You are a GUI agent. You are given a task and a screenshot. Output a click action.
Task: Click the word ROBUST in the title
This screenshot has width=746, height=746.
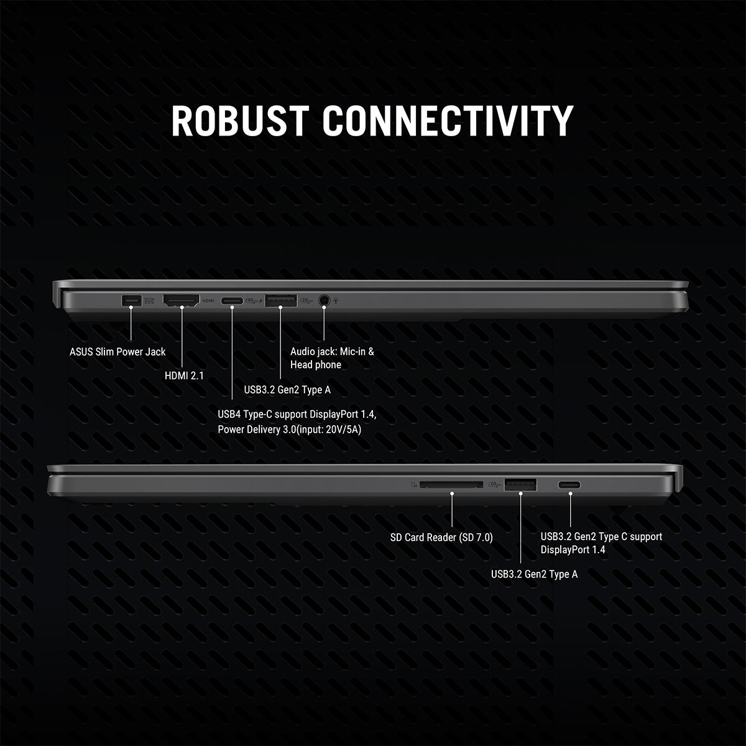click(x=240, y=121)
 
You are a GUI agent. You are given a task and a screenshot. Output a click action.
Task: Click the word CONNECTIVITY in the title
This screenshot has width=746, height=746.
click(x=448, y=121)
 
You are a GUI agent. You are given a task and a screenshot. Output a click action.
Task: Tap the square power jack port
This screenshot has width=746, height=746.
click(x=131, y=300)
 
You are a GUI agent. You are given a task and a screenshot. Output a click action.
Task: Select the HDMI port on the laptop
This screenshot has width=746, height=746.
click(x=181, y=300)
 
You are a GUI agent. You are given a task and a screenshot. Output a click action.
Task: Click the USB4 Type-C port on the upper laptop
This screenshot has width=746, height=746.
click(x=232, y=301)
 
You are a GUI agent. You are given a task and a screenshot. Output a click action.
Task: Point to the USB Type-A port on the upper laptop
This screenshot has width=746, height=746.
click(x=280, y=300)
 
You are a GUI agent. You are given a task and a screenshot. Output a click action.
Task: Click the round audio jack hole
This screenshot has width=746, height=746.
click(x=324, y=300)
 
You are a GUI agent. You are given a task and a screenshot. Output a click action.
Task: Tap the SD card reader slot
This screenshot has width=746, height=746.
click(x=451, y=484)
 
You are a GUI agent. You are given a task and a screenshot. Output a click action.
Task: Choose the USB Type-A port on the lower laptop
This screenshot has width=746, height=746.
click(x=520, y=484)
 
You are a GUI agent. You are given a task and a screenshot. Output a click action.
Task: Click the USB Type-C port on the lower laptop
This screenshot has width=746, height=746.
click(x=569, y=485)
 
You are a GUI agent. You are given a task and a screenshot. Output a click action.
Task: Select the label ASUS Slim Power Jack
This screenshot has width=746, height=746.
click(x=117, y=352)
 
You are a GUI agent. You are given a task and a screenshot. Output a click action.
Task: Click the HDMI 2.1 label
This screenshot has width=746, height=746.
click(x=184, y=375)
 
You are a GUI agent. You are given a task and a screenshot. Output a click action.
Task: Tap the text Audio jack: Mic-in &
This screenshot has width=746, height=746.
click(x=332, y=351)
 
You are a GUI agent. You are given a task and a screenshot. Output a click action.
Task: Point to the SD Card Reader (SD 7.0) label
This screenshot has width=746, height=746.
click(x=441, y=537)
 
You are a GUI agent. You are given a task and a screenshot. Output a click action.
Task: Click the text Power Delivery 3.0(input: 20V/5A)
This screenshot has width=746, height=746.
click(x=289, y=430)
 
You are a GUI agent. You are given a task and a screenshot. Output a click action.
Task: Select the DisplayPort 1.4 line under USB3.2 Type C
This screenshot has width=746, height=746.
click(x=573, y=550)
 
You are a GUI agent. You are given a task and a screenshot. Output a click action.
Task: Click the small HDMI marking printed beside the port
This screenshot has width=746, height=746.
click(x=208, y=301)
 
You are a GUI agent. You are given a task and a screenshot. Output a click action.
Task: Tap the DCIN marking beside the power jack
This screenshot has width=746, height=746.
click(x=149, y=300)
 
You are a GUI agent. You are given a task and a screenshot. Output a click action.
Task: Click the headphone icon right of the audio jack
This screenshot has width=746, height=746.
click(x=335, y=300)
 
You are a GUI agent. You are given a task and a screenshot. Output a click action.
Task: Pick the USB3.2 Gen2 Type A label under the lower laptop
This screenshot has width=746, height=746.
click(x=534, y=574)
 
